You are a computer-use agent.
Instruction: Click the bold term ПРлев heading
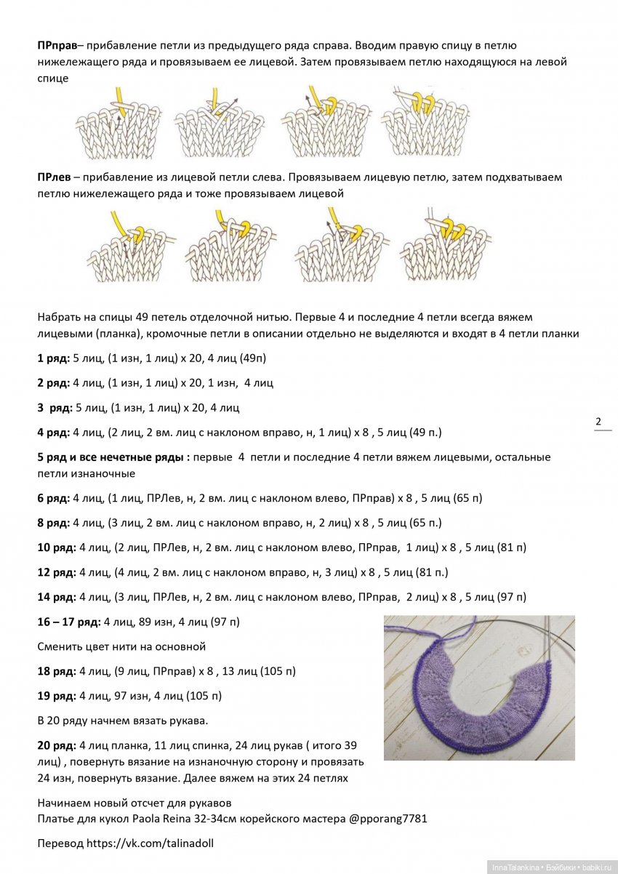54,177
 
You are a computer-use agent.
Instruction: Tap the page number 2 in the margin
598,422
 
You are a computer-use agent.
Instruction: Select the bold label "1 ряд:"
54,358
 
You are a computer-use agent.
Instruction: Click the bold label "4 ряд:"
54,433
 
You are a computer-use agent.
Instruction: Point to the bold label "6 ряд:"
54,498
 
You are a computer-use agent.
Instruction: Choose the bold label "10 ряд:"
57,548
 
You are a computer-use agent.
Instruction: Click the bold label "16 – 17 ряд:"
69,622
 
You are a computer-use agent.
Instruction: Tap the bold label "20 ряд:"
57,745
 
